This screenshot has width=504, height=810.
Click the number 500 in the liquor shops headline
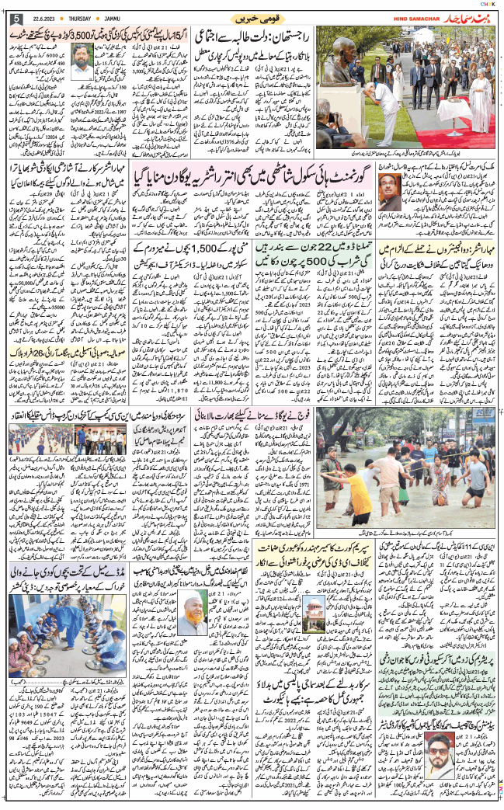(318, 262)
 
